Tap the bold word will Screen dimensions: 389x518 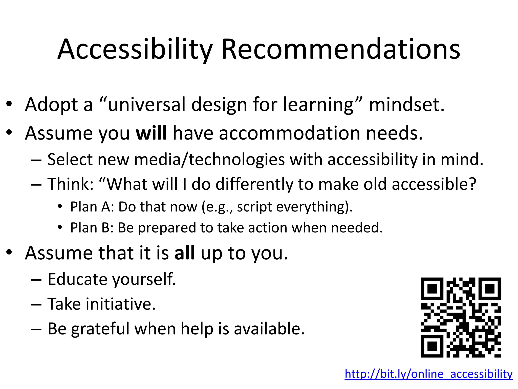[x=151, y=133]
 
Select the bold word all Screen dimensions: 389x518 [x=185, y=253]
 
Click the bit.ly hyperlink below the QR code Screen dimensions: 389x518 [x=428, y=374]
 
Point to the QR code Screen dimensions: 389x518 [x=461, y=317]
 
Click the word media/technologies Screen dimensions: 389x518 [x=209, y=160]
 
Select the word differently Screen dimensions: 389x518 [x=254, y=184]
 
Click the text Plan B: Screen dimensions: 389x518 [x=92, y=228]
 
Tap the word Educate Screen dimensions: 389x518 [x=77, y=279]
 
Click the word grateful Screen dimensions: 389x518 [x=100, y=329]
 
